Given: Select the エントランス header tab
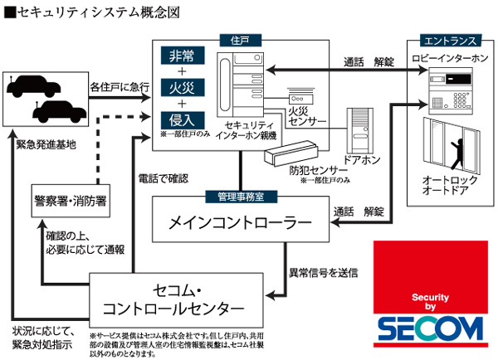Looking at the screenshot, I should pos(448,40).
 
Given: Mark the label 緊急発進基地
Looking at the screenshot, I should pos(46,144).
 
